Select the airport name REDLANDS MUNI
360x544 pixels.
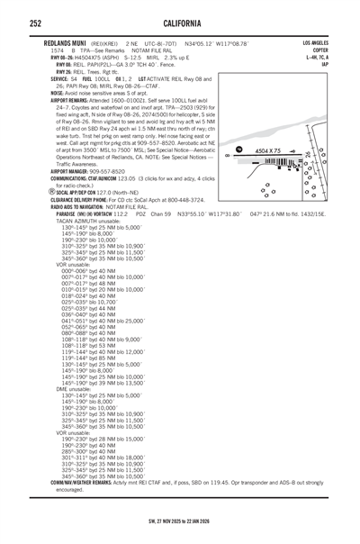(x=69, y=41)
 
